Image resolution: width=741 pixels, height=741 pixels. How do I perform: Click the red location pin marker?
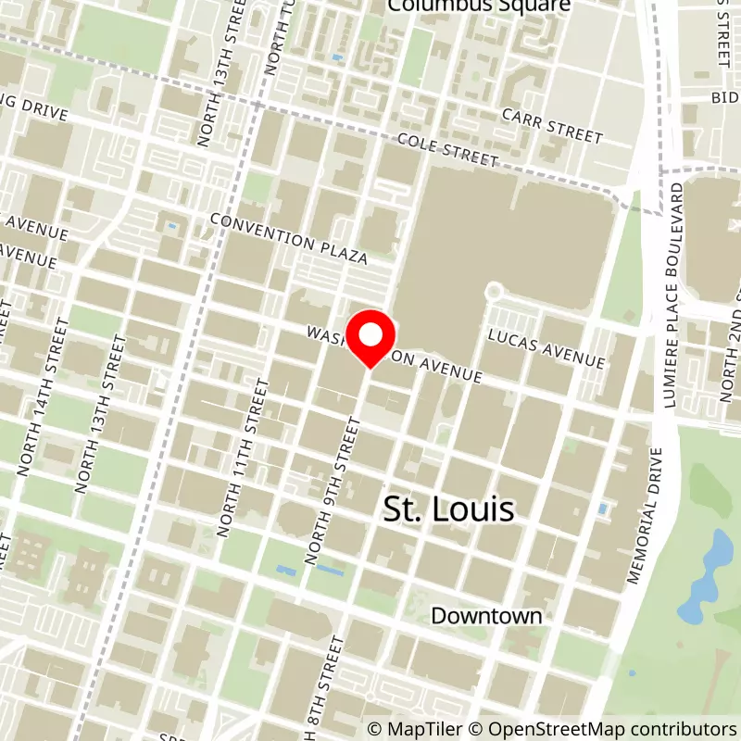(370, 339)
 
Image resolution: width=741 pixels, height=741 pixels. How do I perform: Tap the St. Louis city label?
(449, 509)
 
